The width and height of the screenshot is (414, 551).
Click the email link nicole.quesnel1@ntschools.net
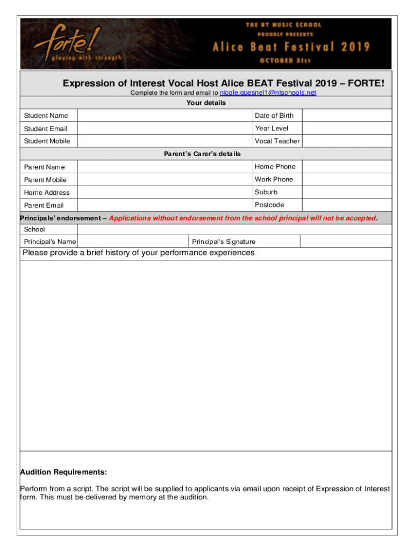[x=268, y=93]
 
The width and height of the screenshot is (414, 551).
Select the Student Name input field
[x=165, y=115]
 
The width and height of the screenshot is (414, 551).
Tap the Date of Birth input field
[x=347, y=115]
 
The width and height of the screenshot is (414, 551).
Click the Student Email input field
[x=165, y=128]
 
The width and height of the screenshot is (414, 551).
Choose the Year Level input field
[x=347, y=128]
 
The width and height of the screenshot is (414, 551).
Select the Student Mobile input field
[x=165, y=141]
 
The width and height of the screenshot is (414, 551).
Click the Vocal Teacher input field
[x=347, y=141]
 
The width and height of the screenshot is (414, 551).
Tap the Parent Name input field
[x=165, y=167]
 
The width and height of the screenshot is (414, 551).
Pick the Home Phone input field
[x=347, y=167]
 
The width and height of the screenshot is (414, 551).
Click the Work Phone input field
[x=347, y=180]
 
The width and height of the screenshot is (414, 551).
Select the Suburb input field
[x=347, y=192]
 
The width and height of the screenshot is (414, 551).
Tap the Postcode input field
[x=347, y=205]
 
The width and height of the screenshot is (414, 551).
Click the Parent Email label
[x=44, y=206]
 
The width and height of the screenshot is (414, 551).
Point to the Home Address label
[x=47, y=193]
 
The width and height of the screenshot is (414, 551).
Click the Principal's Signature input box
[x=345, y=242]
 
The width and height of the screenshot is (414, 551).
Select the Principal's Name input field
[x=132, y=242]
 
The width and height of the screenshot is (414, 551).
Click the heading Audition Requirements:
[x=63, y=472]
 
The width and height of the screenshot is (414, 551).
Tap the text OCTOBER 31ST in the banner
[x=285, y=60]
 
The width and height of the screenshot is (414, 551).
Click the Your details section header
[x=206, y=103]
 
